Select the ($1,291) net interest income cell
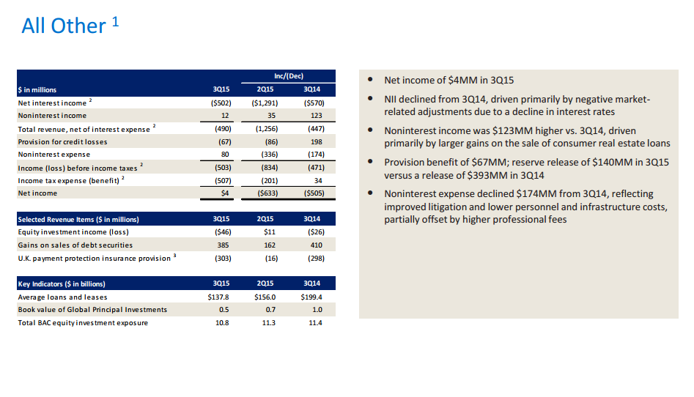coord(263,103)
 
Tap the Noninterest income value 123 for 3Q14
coord(317,116)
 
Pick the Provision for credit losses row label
coord(62,142)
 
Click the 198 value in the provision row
coord(317,142)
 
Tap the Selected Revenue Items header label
coord(78,219)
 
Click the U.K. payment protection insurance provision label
coord(95,259)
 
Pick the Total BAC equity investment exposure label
coord(83,323)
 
